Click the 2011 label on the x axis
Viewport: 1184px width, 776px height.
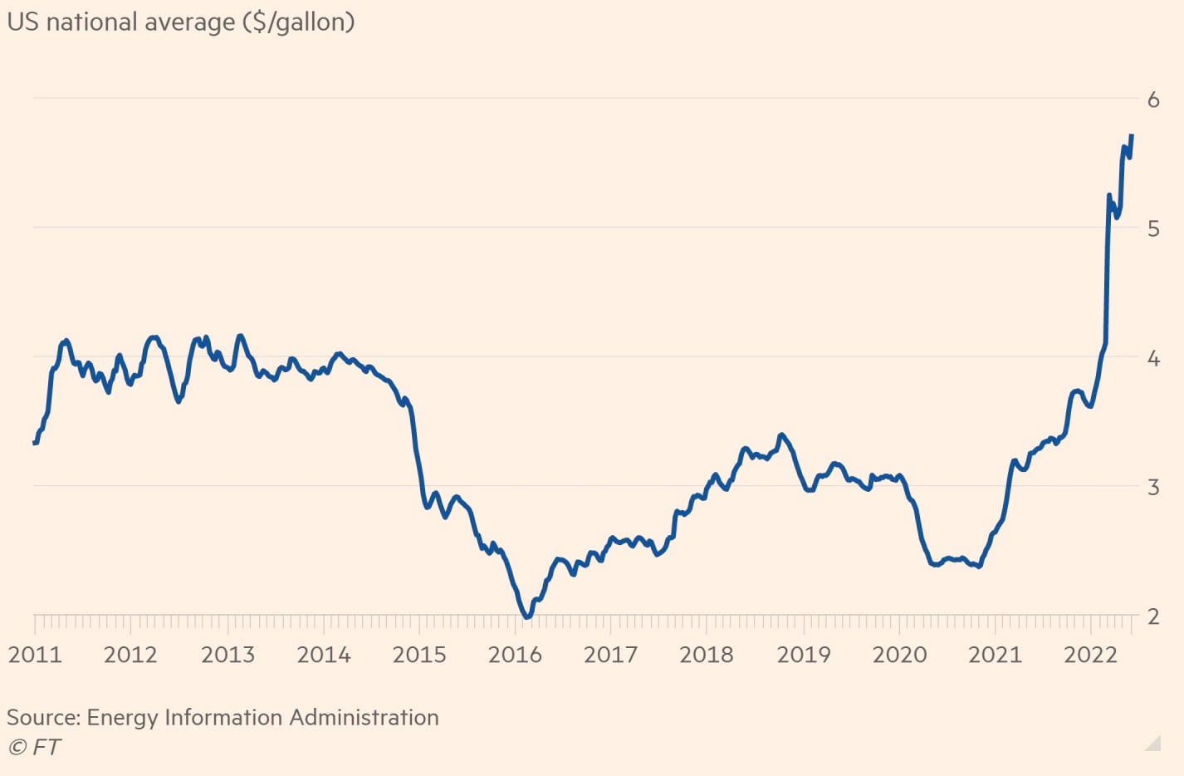click(35, 655)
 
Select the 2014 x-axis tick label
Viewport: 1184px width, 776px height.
click(324, 655)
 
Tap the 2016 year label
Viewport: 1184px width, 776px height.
click(515, 655)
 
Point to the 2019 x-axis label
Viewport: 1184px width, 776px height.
click(803, 655)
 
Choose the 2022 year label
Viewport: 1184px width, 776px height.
click(1090, 655)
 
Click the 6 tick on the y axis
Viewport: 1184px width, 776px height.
click(1153, 100)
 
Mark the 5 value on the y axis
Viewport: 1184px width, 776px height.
click(1153, 228)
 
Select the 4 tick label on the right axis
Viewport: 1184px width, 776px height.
click(1153, 358)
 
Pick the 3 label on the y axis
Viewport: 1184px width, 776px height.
click(1153, 487)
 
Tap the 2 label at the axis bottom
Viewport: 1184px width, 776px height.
click(1153, 616)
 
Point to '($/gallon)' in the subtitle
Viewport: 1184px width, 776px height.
click(298, 22)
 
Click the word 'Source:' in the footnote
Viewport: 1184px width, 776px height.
click(43, 717)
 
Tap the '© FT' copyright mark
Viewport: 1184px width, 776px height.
click(34, 747)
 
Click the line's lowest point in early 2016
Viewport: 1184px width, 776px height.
click(526, 616)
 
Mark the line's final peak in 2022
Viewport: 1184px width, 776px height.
click(1132, 135)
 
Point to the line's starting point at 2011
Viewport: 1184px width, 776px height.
click(35, 443)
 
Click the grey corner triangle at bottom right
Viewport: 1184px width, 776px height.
click(1154, 744)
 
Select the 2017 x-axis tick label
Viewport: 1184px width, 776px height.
click(610, 655)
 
